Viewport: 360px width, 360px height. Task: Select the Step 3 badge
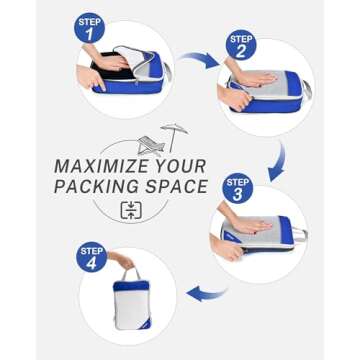coord(236,187)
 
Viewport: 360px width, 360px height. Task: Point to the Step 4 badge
coord(91,255)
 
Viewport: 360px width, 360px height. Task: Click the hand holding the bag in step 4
coord(123,263)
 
